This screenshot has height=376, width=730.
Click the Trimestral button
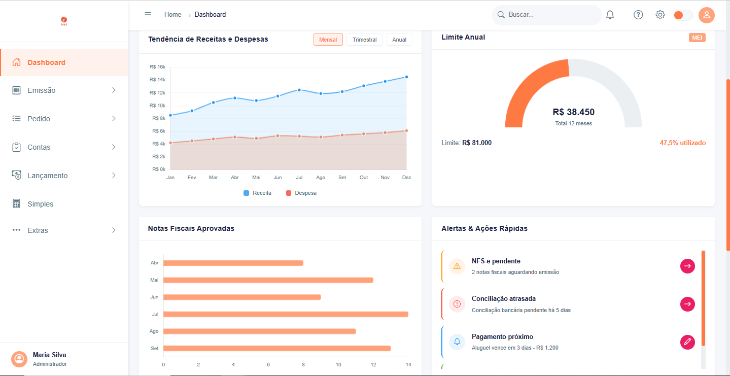click(364, 40)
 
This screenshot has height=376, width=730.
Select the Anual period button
click(399, 40)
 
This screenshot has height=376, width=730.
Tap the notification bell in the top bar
click(610, 15)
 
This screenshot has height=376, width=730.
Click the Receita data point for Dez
click(406, 77)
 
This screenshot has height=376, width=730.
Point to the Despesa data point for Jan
click(170, 143)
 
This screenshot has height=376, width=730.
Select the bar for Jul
click(286, 314)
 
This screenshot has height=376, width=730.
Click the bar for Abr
click(233, 263)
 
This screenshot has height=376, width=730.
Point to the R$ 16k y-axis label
click(157, 67)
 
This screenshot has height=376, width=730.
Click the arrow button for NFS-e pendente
click(687, 266)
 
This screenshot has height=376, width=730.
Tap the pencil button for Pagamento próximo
click(687, 342)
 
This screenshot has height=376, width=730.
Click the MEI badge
click(697, 38)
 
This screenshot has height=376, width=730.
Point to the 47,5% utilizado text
click(682, 143)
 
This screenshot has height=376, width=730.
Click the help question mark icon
click(638, 15)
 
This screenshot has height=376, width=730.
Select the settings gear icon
click(660, 15)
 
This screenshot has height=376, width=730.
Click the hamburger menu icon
click(148, 15)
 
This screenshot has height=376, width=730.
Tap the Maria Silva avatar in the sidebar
click(19, 359)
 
